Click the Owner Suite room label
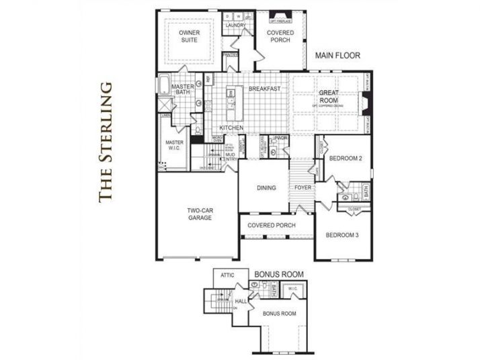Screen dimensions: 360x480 point(189,36)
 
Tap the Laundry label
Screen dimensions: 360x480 point(235,26)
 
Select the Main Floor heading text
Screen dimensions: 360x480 point(337,56)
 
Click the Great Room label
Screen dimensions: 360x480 point(329,96)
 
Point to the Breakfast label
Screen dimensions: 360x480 point(264,89)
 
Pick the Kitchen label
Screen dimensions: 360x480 point(231,128)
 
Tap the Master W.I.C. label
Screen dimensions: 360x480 point(174,146)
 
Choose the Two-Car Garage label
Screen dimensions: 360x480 point(200,214)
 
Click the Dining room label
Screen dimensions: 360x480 point(266,187)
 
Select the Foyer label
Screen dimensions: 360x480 point(303,187)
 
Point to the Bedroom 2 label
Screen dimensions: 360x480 point(346,159)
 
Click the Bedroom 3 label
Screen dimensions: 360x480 point(342,235)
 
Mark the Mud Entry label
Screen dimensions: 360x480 point(231,159)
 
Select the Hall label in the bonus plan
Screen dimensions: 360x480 point(241,302)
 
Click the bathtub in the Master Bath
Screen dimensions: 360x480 point(164,86)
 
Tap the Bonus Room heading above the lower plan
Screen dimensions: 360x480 point(279,274)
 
